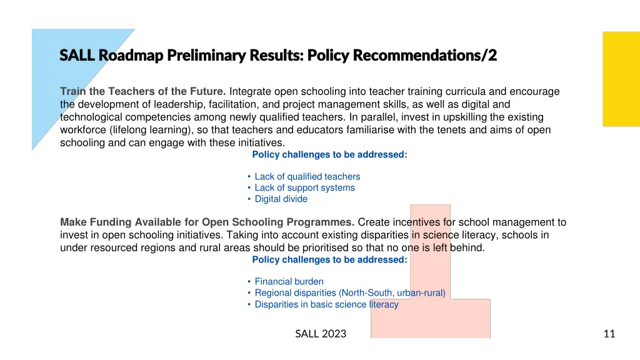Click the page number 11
[609, 334]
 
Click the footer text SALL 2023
[321, 334]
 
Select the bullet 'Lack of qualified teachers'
[307, 177]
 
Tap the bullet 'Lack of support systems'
[304, 188]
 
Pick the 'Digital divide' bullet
[281, 199]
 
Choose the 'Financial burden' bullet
[289, 282]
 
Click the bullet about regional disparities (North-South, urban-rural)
[349, 293]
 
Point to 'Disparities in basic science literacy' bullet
[326, 304]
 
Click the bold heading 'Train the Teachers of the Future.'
[143, 92]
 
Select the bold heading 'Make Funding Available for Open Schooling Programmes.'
[207, 222]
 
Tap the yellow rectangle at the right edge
[621, 79]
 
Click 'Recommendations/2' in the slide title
[425, 56]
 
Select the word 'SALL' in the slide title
[77, 56]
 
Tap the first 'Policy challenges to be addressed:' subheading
[329, 155]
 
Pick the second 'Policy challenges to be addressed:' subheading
[329, 260]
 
